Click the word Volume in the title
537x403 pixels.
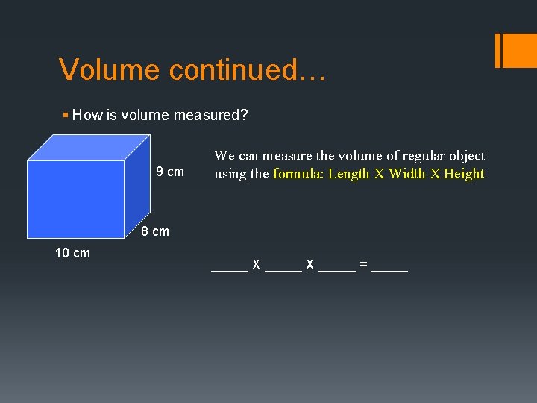point(110,70)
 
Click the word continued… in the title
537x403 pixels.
point(247,70)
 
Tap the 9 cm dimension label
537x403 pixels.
point(170,172)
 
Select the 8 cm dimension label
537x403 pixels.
point(155,231)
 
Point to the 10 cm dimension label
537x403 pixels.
point(72,253)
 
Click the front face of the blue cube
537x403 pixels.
point(75,199)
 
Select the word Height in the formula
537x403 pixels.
point(464,174)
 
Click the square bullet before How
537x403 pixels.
point(66,115)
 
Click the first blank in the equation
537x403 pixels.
point(229,269)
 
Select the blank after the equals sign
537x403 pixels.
point(389,269)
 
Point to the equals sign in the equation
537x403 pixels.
point(363,265)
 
